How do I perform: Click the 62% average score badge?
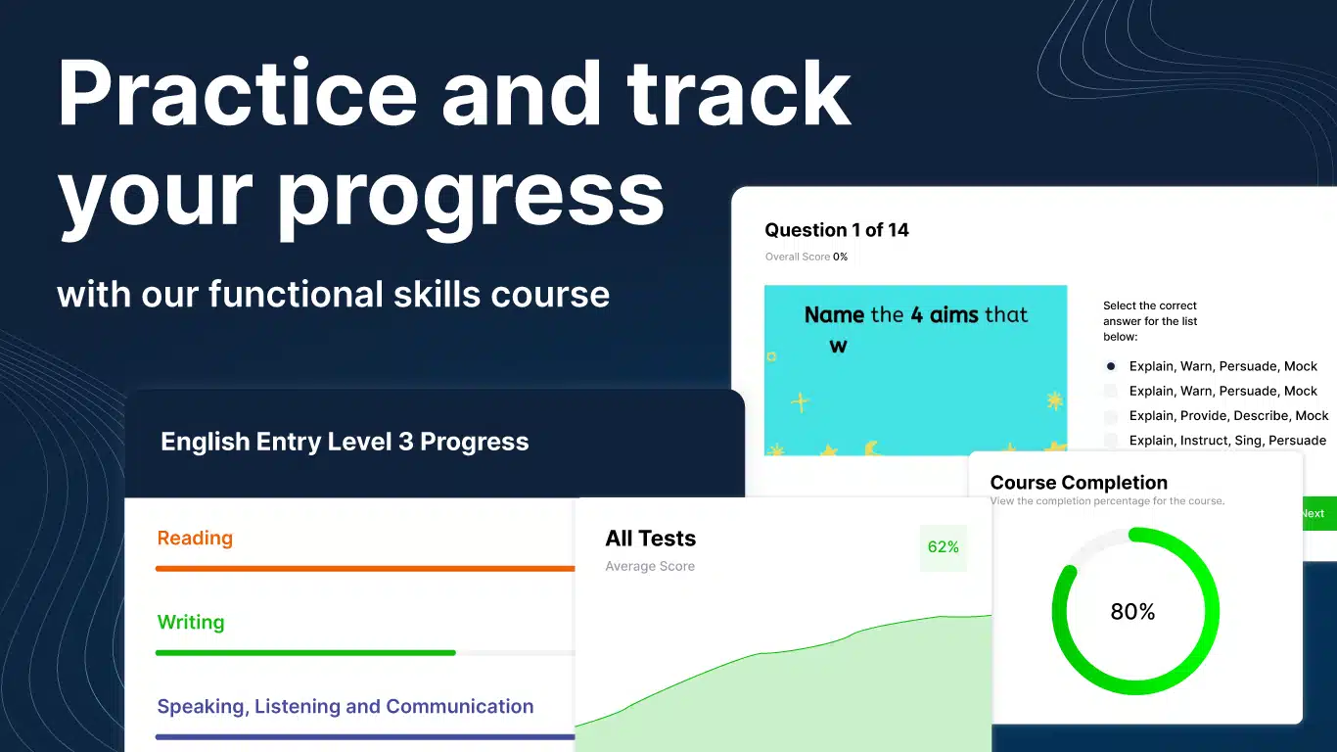point(944,547)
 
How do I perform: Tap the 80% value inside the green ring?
point(1132,612)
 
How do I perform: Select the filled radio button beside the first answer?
point(1110,366)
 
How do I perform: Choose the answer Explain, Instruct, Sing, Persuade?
point(1227,441)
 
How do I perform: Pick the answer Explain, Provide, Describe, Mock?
point(1228,416)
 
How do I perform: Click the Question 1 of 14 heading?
point(836,230)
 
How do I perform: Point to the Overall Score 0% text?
point(806,257)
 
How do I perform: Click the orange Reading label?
point(195,539)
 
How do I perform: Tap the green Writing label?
point(191,623)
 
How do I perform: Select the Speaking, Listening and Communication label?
point(345,707)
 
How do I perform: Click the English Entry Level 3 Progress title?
point(345,442)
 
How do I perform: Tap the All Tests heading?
point(650,539)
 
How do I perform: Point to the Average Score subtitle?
point(649,566)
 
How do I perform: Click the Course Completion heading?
point(1078,483)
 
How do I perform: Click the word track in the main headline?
point(738,93)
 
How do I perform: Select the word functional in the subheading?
point(296,294)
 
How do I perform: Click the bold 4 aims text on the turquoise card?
point(945,314)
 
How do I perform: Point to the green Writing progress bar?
point(305,653)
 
